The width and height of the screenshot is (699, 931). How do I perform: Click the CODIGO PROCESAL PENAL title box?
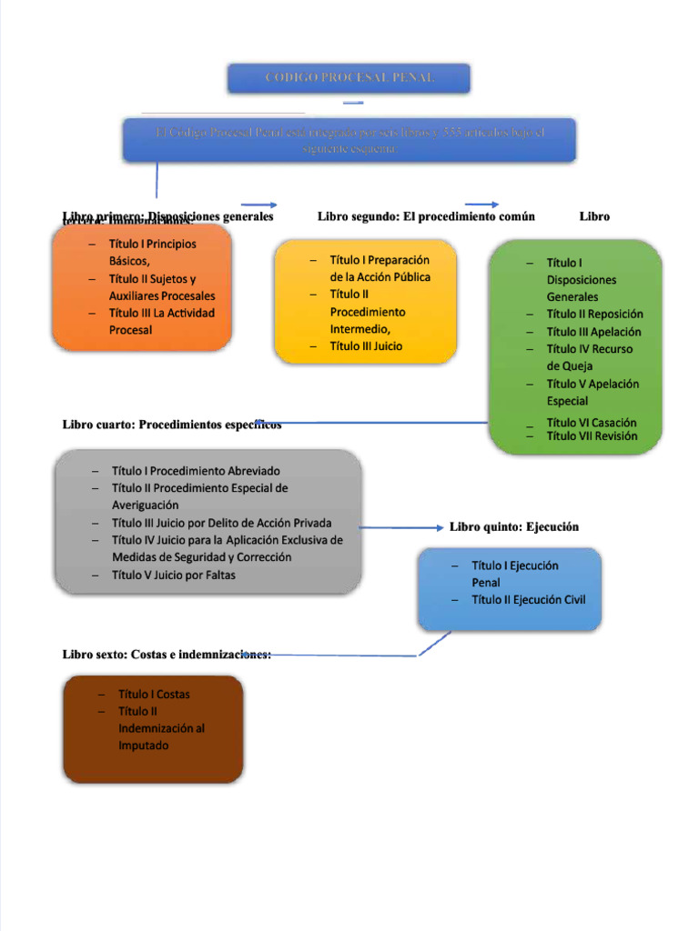349,78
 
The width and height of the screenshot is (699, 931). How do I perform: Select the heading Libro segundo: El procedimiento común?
425,216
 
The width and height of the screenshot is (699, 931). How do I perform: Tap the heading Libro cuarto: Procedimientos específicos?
171,425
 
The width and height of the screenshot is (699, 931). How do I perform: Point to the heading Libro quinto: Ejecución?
513,527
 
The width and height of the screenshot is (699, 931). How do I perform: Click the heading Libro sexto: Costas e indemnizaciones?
166,655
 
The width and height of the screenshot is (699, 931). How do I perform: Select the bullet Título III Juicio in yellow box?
366,346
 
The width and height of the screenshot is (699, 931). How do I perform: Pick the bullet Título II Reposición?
594,315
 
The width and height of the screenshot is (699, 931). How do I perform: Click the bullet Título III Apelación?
593,332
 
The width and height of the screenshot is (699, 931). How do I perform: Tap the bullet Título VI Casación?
592,423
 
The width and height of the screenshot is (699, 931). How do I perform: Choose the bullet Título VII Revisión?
592,436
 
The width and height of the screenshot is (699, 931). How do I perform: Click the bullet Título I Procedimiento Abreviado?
196,471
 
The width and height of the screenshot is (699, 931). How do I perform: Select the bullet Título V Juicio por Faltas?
173,575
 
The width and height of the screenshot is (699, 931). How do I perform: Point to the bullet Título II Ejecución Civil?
529,600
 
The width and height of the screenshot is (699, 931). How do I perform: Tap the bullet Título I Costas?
154,695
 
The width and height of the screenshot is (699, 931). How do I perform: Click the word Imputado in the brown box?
144,746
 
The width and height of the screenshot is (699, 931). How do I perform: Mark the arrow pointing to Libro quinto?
400,527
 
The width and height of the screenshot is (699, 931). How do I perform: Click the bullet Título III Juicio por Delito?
221,523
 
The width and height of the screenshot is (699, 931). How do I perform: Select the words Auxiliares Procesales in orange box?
162,296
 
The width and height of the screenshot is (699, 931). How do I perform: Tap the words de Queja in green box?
569,366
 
